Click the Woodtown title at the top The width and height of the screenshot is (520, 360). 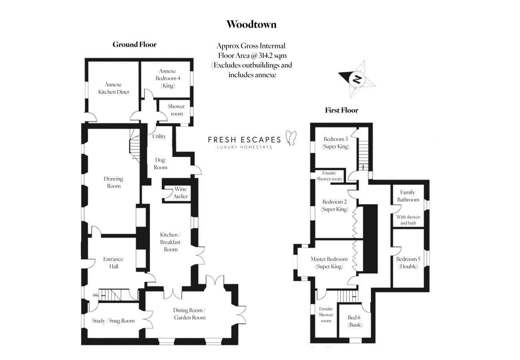(x=251, y=24)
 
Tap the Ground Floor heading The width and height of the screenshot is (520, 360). (x=134, y=44)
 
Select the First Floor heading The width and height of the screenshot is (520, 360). (x=342, y=110)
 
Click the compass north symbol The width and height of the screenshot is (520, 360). (x=357, y=79)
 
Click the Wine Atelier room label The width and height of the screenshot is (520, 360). (x=180, y=193)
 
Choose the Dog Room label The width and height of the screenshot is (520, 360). (x=160, y=164)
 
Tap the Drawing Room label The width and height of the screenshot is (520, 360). (x=113, y=182)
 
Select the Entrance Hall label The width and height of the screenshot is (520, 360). (x=113, y=262)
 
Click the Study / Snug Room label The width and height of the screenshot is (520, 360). (x=114, y=321)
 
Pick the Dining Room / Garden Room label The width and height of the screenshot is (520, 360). (x=189, y=314)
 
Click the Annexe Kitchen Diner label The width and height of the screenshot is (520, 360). (x=114, y=88)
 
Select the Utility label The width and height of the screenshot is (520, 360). (x=159, y=136)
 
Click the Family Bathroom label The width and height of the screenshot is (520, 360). (x=408, y=196)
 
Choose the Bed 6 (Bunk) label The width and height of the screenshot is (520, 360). (x=354, y=321)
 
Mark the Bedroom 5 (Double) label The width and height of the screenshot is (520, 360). (x=407, y=262)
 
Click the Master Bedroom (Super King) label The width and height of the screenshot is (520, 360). (x=329, y=263)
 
